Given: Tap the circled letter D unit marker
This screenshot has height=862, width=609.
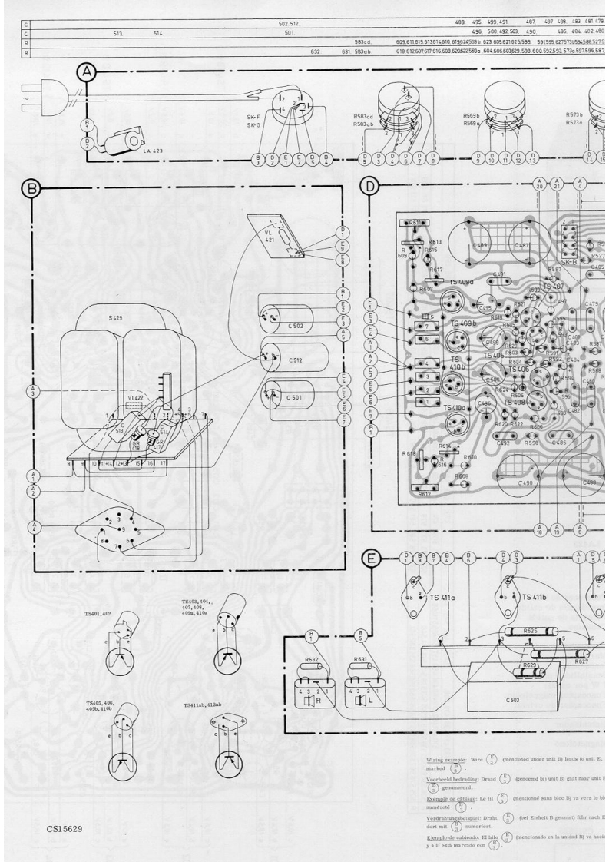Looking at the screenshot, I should (371, 186).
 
